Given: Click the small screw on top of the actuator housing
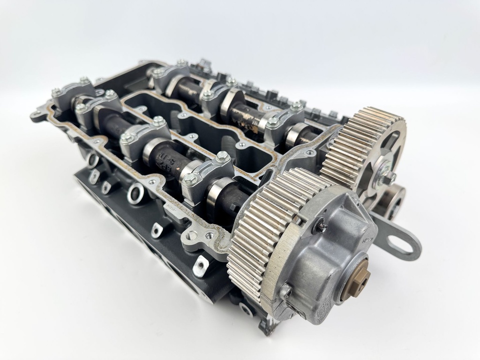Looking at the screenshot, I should (x=322, y=227).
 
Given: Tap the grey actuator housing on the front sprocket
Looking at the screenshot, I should (x=328, y=253).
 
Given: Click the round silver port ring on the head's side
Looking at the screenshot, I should (x=136, y=192).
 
